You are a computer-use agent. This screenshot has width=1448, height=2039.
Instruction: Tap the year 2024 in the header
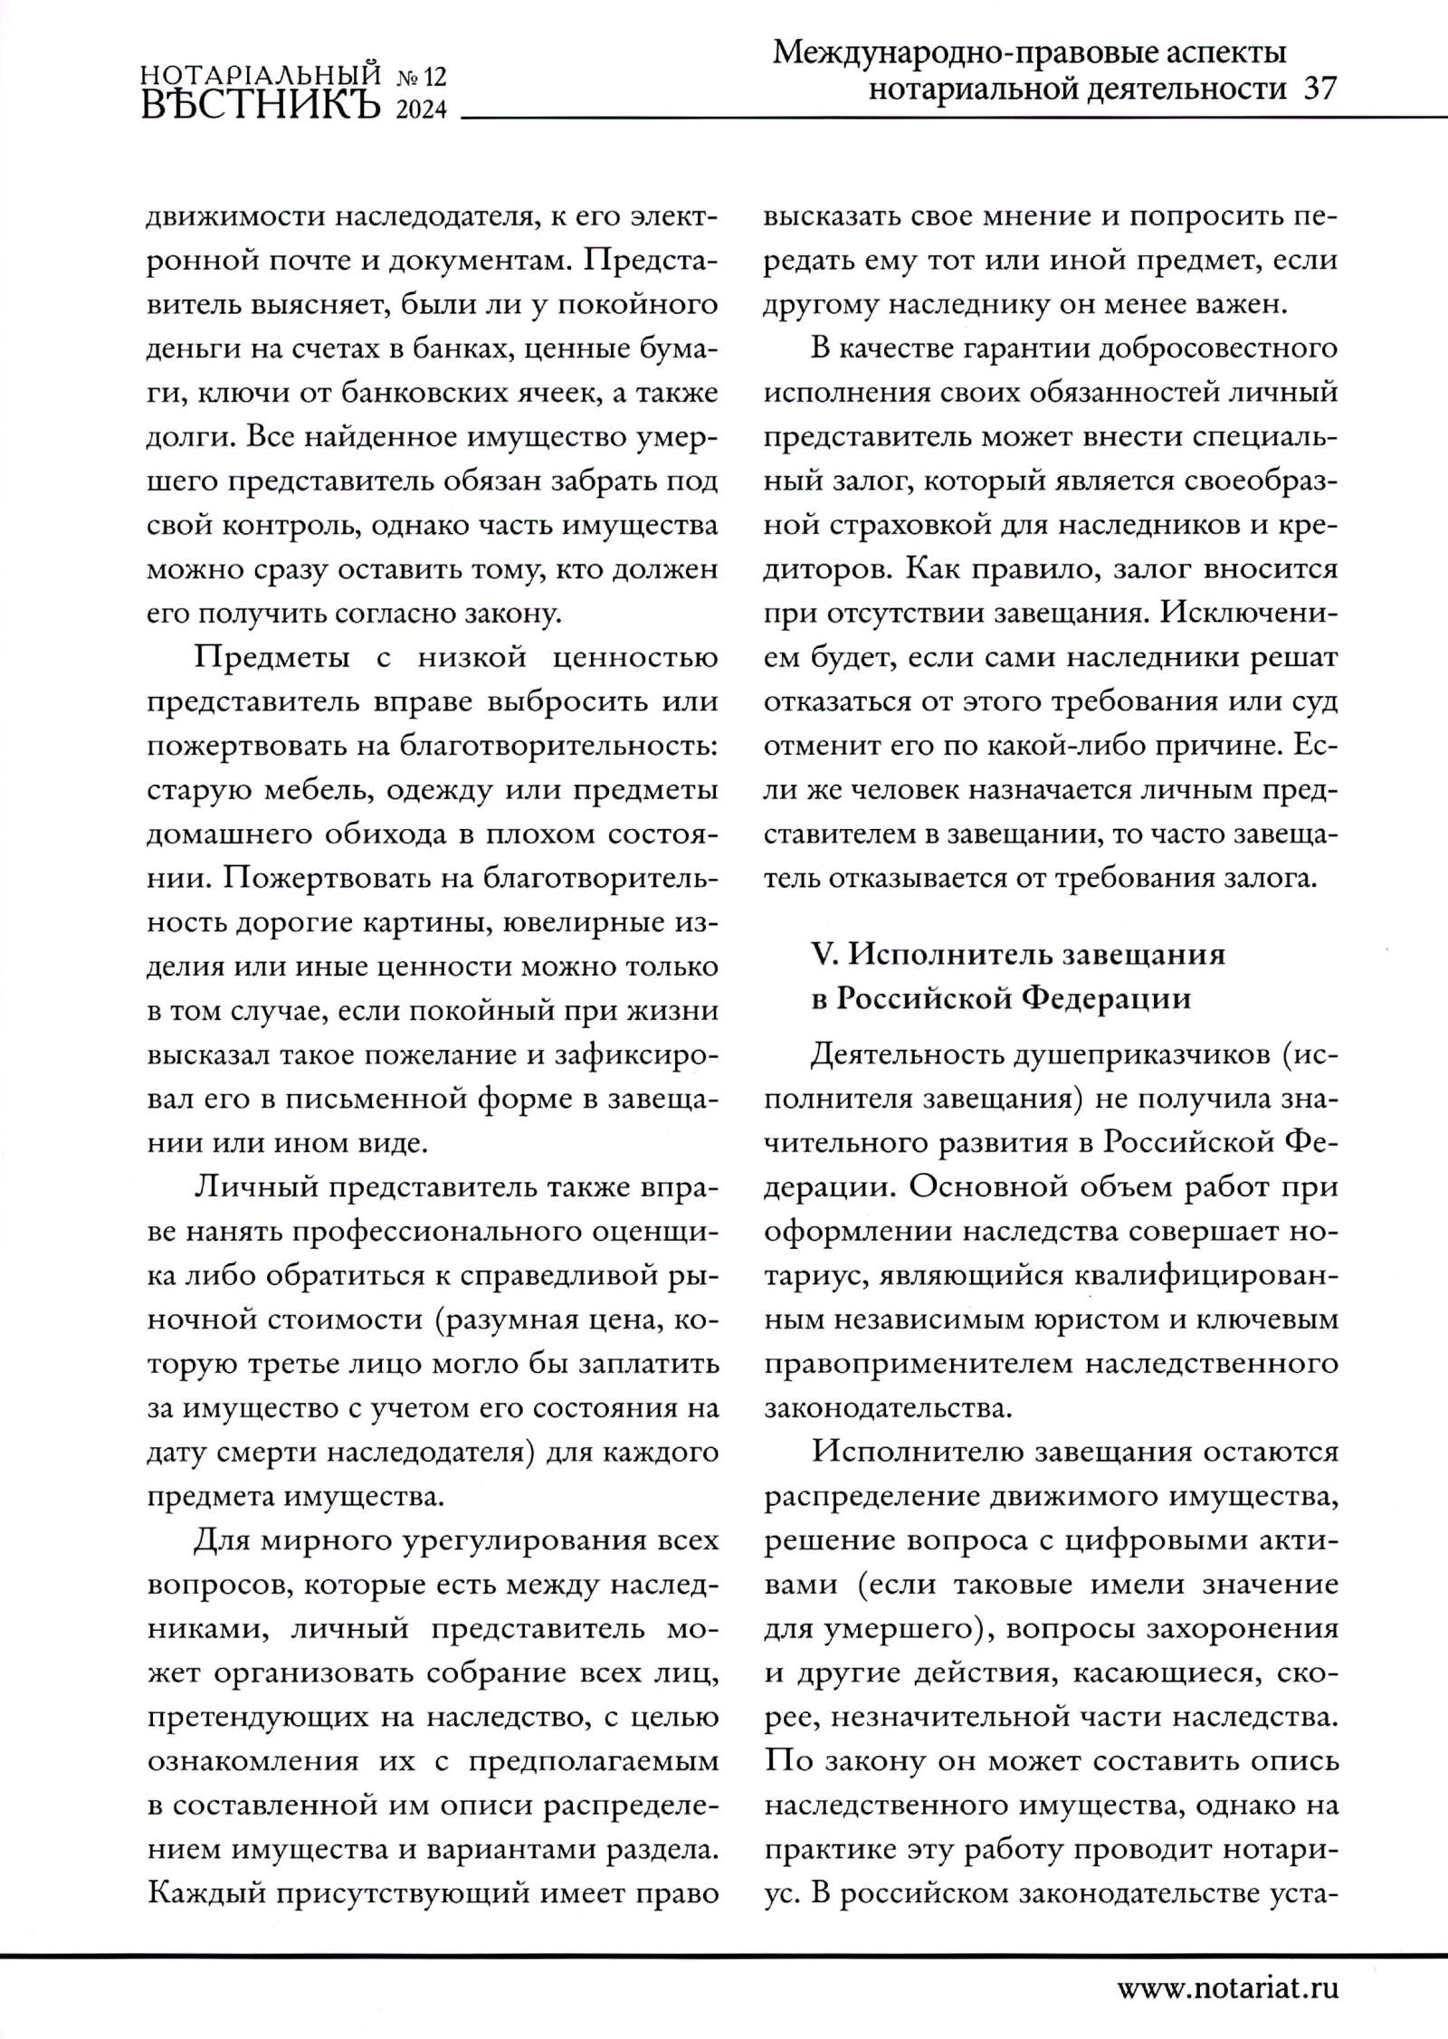(421, 110)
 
